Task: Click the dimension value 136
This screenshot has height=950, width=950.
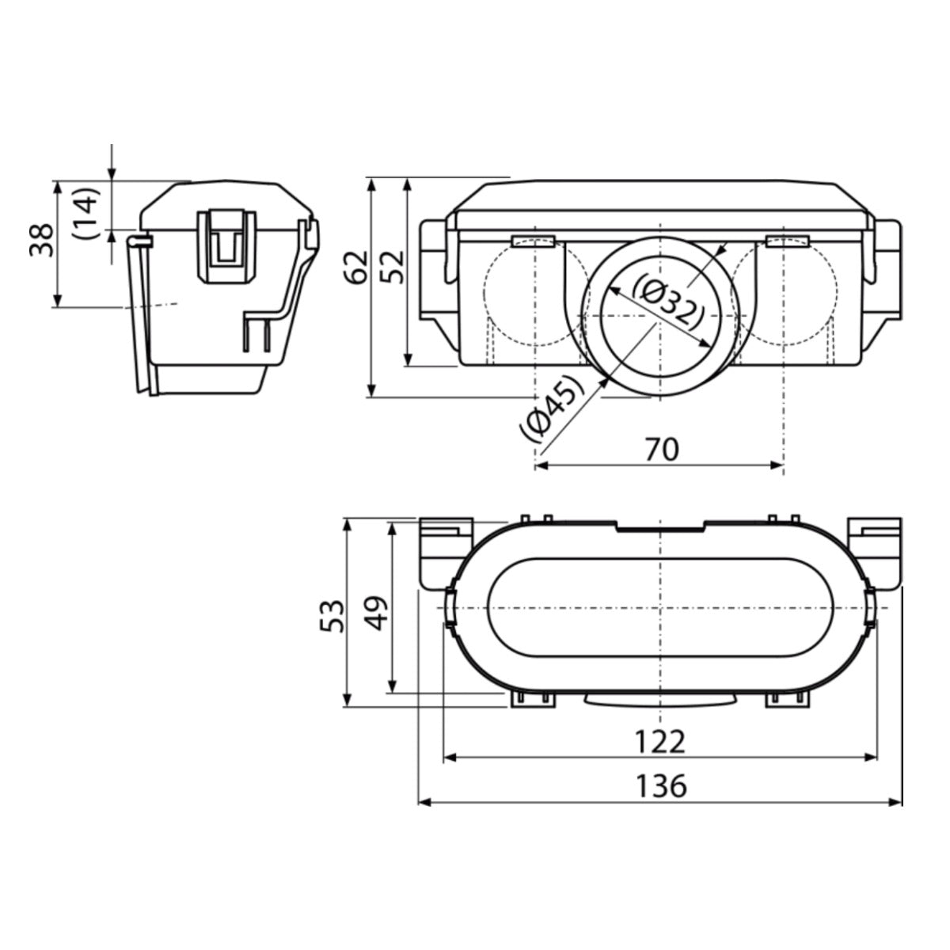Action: (661, 786)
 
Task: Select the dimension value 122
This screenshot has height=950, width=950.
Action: (659, 742)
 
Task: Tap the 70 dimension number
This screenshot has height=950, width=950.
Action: (661, 449)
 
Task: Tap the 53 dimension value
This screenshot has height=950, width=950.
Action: (332, 614)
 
